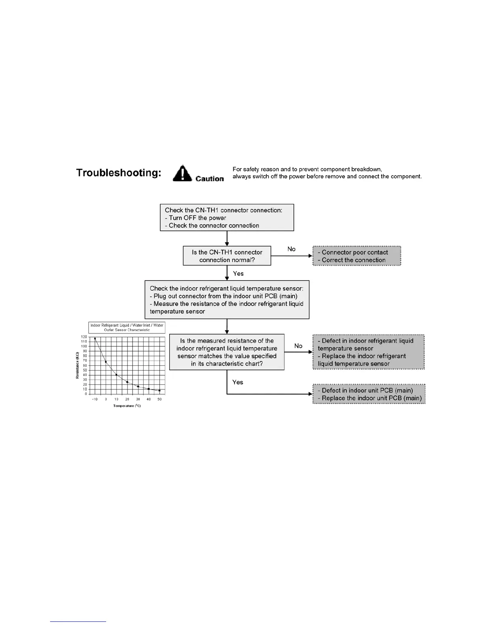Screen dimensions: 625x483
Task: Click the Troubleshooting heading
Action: pos(118,173)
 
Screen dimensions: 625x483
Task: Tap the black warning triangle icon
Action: pos(182,174)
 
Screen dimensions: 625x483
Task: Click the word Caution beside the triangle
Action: pos(210,179)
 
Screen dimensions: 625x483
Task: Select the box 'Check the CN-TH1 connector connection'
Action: pos(227,217)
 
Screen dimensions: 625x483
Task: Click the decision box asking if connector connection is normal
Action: pos(227,256)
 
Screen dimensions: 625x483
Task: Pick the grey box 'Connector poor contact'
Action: pos(357,256)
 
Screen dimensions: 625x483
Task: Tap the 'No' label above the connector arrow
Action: pos(292,249)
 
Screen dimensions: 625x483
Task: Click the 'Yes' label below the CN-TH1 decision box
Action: pos(238,273)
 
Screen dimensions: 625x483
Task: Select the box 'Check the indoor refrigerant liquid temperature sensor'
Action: pos(227,300)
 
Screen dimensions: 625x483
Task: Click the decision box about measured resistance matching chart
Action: pos(227,352)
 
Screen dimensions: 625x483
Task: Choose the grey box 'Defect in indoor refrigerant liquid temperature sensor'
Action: pos(369,352)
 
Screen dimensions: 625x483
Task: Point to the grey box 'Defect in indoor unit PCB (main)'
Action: pos(369,394)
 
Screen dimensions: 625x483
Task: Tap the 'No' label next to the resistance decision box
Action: pos(298,346)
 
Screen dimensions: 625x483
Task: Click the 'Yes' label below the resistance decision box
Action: pos(238,382)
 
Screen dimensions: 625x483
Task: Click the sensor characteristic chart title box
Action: pos(127,327)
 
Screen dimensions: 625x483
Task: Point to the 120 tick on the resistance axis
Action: pos(84,337)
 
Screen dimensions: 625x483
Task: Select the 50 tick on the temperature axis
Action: pos(159,399)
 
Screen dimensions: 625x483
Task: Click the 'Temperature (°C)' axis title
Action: pos(127,406)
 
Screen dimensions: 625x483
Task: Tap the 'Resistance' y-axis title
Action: pos(78,365)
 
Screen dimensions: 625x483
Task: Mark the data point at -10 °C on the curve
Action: pos(95,339)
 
